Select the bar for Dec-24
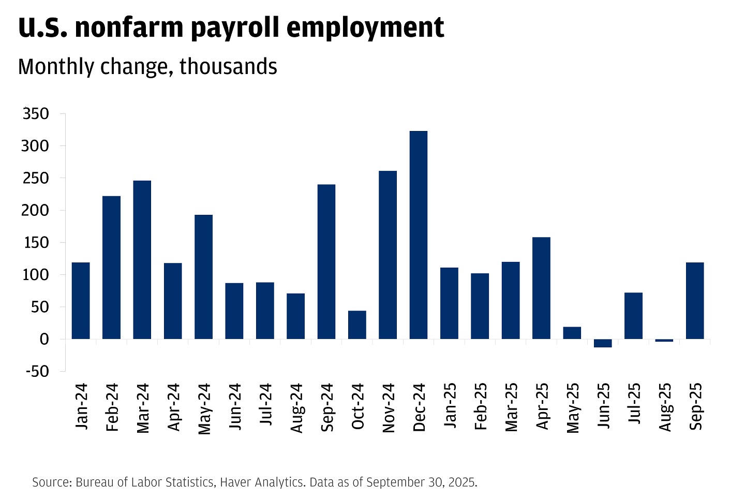tap(419, 235)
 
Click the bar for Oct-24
tap(357, 325)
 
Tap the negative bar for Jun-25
tap(603, 343)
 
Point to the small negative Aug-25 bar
tap(664, 341)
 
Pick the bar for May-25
tap(572, 333)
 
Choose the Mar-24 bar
tap(142, 259)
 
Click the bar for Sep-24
tap(326, 261)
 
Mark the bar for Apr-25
tap(541, 288)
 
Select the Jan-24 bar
tap(81, 301)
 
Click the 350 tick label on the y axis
tap(36, 114)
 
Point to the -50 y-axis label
tap(36, 371)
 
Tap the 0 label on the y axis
tap(44, 339)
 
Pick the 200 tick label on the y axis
tap(36, 210)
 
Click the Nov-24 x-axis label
tap(389, 407)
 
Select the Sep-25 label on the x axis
tap(696, 406)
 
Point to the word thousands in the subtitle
tap(228, 67)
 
